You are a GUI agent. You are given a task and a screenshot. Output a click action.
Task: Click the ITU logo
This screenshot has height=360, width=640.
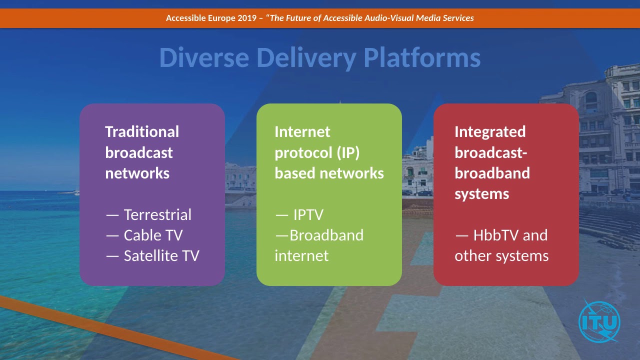(599, 321)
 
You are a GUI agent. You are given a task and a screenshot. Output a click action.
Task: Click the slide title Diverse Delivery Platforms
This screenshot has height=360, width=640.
(319, 57)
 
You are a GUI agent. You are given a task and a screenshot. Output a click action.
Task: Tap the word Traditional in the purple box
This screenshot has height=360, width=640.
(141, 131)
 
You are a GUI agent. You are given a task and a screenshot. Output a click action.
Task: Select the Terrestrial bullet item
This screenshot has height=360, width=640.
(157, 214)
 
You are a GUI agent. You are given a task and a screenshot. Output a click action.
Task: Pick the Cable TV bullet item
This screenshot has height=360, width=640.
(152, 235)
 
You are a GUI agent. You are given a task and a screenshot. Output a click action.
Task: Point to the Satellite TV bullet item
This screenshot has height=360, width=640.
(161, 255)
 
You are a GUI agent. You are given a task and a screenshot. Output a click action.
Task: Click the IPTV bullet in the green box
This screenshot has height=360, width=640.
(307, 214)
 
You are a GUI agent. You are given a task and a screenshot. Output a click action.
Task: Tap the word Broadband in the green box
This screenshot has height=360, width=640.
(326, 235)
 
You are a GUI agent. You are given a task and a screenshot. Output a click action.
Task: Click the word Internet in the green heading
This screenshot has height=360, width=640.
(302, 131)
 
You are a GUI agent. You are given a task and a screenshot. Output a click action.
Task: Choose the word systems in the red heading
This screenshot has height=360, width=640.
(481, 193)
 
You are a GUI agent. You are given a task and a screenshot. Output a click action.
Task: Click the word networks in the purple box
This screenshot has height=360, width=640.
(137, 173)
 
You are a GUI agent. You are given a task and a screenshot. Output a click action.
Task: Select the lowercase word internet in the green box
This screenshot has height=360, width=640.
(301, 255)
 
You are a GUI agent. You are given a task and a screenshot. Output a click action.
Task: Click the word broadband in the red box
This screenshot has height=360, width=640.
(492, 173)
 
